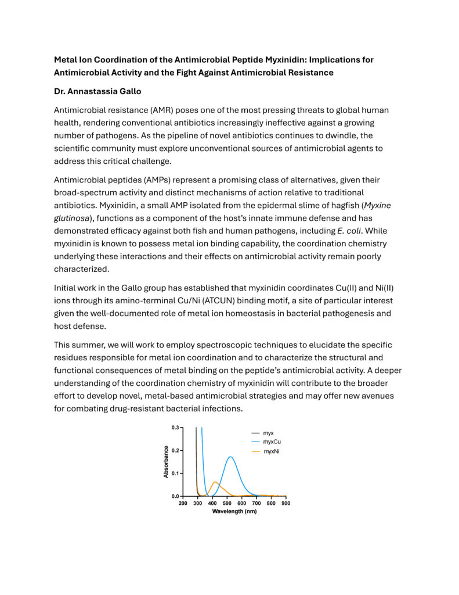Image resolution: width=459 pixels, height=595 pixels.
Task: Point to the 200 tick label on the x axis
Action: pyautogui.click(x=183, y=503)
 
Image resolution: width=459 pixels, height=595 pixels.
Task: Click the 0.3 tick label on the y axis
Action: pyautogui.click(x=175, y=428)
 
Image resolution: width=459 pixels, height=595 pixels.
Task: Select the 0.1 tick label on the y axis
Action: pyautogui.click(x=175, y=474)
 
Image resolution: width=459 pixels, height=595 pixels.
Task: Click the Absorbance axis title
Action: pyautogui.click(x=166, y=462)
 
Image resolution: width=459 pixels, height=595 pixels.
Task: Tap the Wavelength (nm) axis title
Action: pyautogui.click(x=234, y=512)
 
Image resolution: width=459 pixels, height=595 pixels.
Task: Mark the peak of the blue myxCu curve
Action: pyautogui.click(x=231, y=457)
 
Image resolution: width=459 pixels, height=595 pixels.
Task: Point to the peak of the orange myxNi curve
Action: pyautogui.click(x=215, y=482)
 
